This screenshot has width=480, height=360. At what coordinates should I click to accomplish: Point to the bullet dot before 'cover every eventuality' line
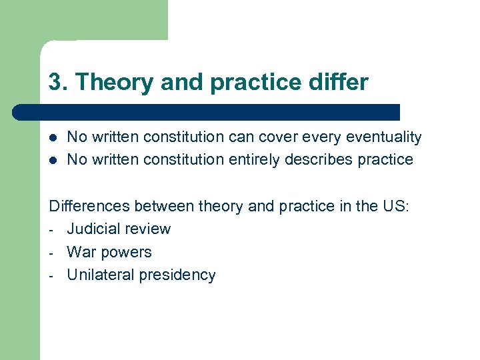[x=52, y=138]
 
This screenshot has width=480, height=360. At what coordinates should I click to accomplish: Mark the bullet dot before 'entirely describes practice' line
[x=52, y=161]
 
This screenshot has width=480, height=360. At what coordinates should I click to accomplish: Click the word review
[x=150, y=229]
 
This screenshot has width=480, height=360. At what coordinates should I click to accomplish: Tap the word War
[x=81, y=252]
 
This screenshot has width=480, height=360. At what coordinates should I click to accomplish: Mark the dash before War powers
[x=52, y=253]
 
